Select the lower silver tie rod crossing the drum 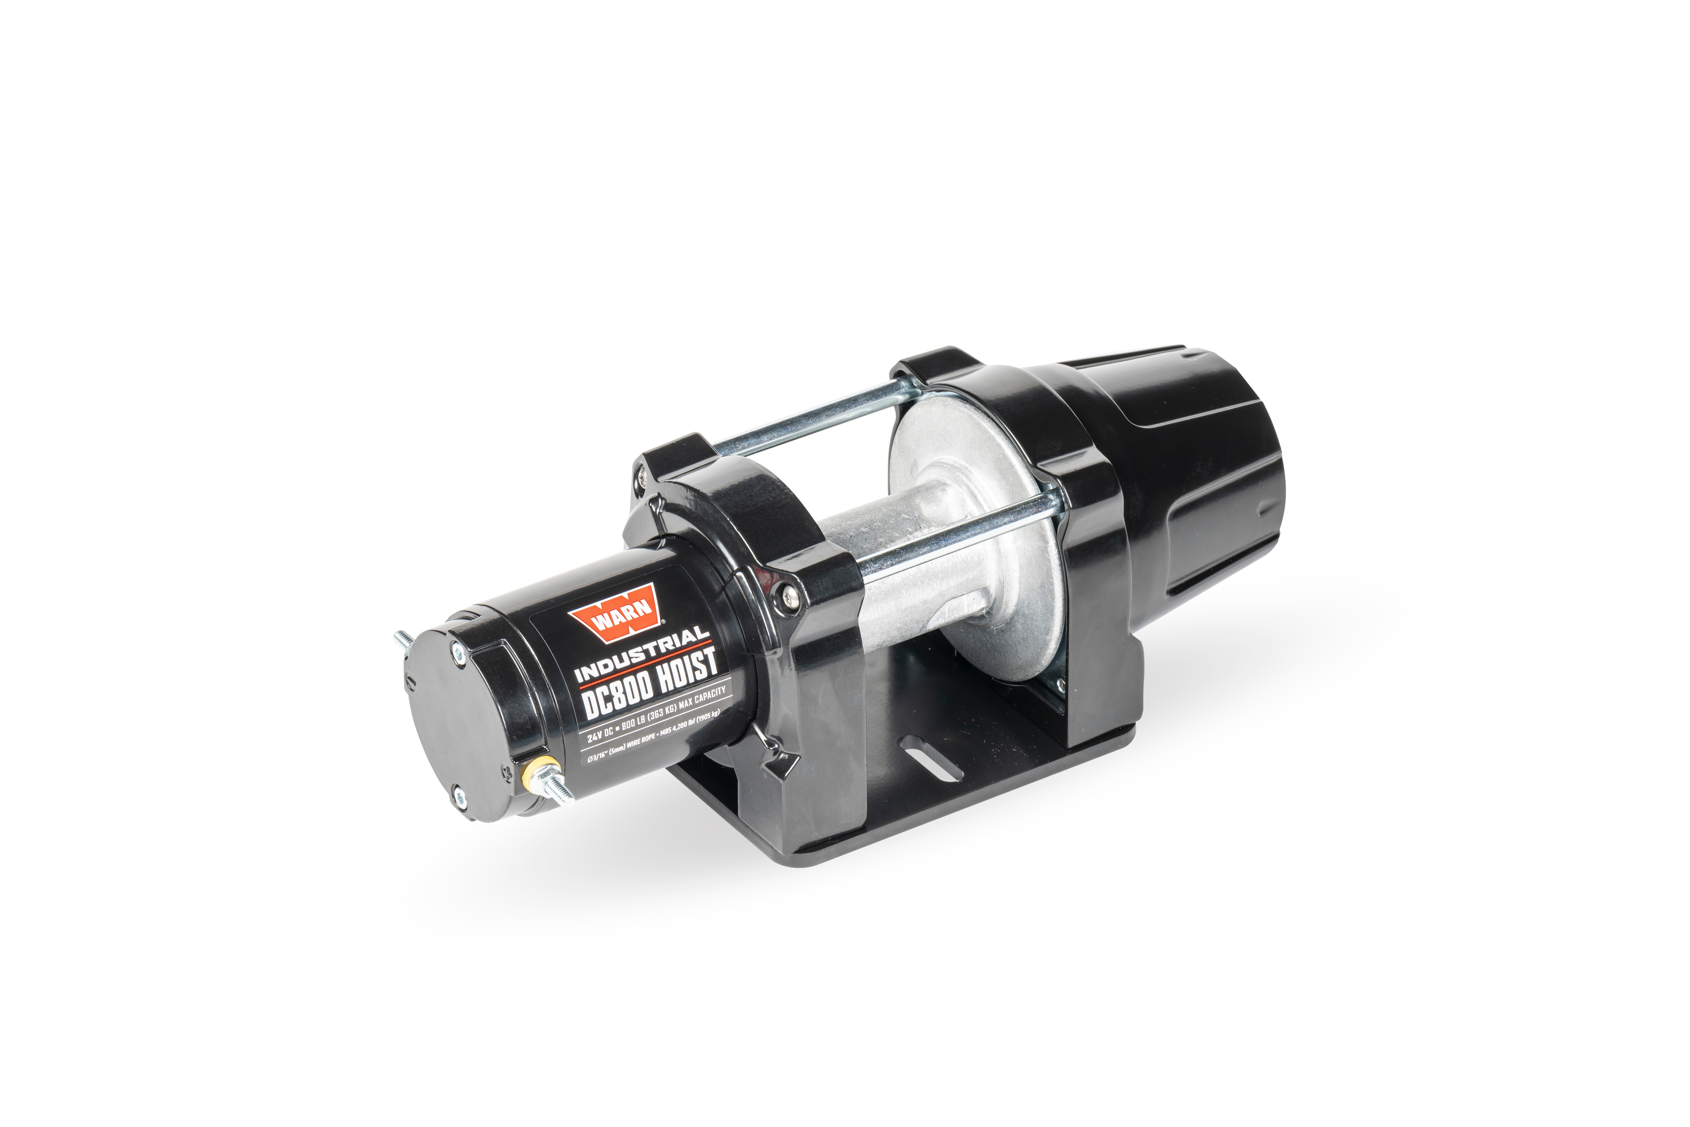pos(956,543)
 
